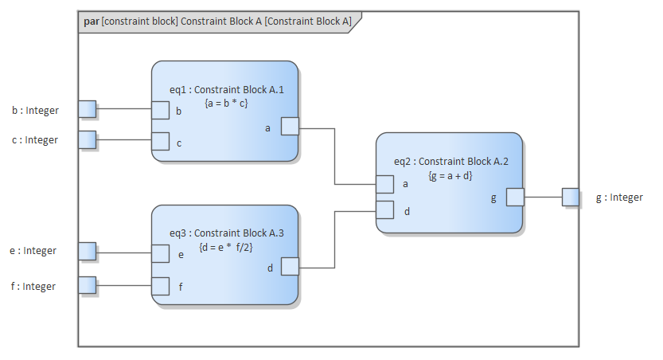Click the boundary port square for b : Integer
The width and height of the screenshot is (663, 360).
(x=87, y=109)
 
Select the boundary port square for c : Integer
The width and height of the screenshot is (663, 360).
(x=87, y=140)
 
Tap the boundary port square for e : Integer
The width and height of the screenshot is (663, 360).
(x=87, y=252)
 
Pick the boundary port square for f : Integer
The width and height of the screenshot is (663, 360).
(x=87, y=284)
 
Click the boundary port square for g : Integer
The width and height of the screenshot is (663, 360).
(x=570, y=197)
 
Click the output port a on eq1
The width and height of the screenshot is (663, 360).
(x=290, y=127)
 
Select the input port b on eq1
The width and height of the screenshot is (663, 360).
(x=161, y=111)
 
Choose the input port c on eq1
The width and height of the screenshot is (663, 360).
(x=161, y=142)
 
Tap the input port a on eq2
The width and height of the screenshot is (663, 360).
(x=385, y=184)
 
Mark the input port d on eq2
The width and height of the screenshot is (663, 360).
(x=385, y=210)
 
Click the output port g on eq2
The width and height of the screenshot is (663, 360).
(x=515, y=197)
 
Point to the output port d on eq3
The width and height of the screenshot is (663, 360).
(x=290, y=267)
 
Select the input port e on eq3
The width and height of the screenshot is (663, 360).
(x=161, y=253)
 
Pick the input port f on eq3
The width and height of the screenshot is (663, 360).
(x=161, y=285)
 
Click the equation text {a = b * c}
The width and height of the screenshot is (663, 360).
(x=226, y=103)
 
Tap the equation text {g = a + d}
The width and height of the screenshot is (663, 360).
(x=450, y=174)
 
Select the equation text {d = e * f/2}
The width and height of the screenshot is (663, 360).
(x=225, y=247)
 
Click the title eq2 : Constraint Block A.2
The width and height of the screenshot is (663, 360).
(x=450, y=161)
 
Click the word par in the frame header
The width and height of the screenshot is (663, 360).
(x=91, y=22)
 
